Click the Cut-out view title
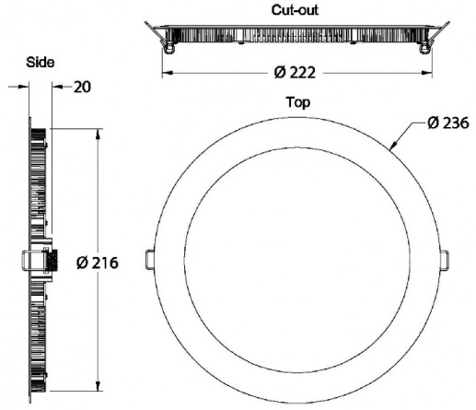click(x=295, y=10)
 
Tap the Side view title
click(x=41, y=63)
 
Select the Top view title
click(x=298, y=102)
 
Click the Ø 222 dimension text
click(x=295, y=73)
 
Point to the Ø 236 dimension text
click(x=448, y=123)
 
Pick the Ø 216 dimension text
click(x=98, y=263)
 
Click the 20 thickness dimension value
click(x=82, y=87)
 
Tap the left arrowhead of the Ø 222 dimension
click(x=168, y=73)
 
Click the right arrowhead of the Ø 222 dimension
click(x=426, y=73)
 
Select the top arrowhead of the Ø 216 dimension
click(x=98, y=135)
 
